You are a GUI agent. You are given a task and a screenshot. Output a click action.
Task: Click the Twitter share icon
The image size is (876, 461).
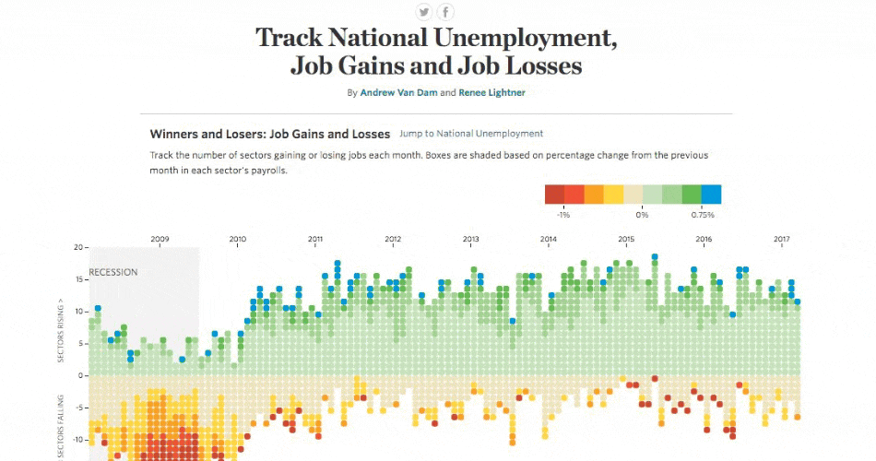pos(424,12)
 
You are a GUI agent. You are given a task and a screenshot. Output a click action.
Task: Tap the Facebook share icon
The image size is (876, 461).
pos(446,12)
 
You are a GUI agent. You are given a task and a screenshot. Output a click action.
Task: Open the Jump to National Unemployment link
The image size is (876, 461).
pos(471,134)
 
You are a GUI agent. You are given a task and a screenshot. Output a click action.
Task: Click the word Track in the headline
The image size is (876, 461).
pos(285,39)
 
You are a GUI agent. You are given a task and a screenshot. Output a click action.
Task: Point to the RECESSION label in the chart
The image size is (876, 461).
pos(113,272)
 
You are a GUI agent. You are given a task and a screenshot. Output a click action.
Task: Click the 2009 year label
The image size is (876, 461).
pos(160,239)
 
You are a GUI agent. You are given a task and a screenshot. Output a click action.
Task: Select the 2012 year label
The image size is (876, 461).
pos(393,239)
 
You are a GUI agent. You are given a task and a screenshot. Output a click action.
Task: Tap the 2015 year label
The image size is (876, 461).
pos(626,239)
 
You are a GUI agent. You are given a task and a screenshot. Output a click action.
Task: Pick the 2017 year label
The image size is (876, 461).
pos(782,239)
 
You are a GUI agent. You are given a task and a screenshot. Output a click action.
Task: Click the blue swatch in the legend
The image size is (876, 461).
pos(711,194)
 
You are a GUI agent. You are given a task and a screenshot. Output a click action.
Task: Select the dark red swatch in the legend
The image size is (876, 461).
pos(554,194)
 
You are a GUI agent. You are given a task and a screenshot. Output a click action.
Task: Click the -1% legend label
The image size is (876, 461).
pos(563,215)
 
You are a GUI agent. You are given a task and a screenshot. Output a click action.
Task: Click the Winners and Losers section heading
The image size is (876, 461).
pos(270,134)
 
